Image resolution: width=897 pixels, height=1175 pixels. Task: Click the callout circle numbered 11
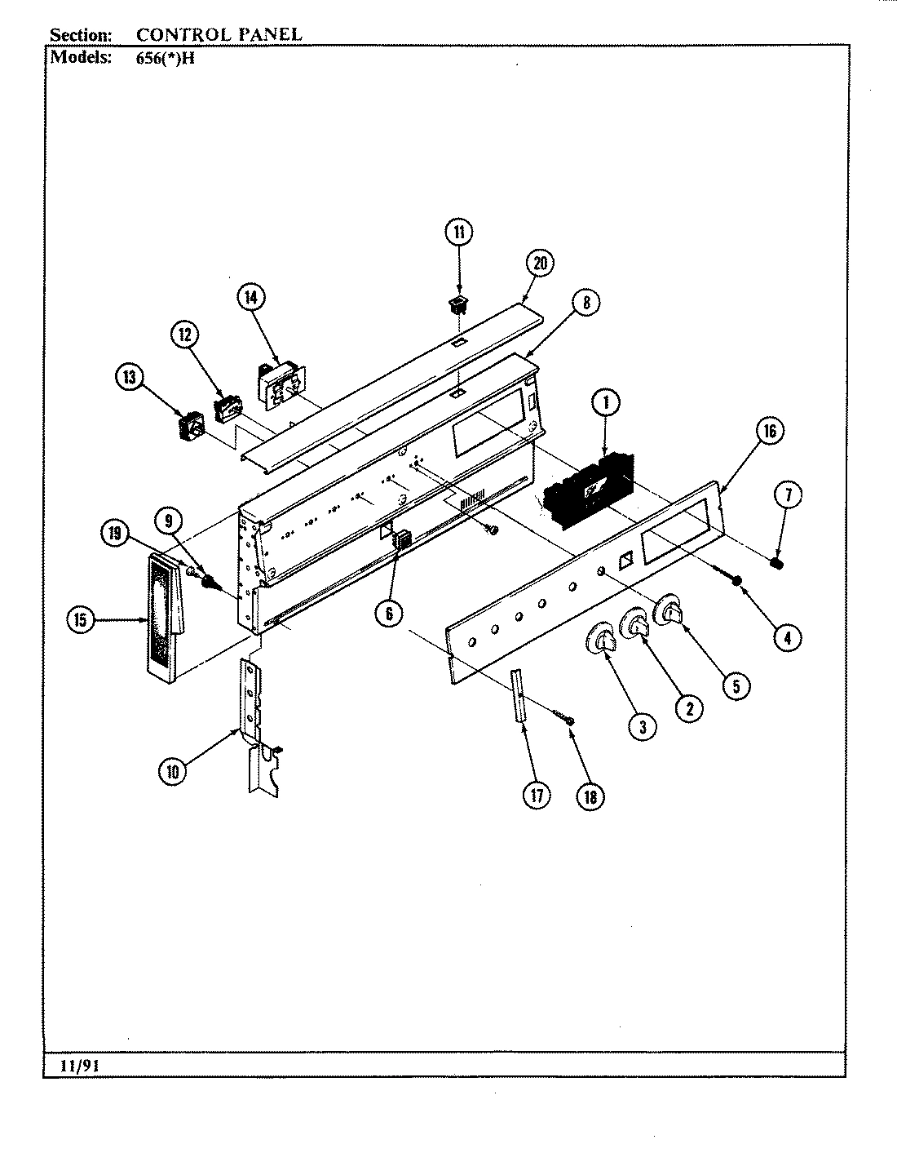pos(458,233)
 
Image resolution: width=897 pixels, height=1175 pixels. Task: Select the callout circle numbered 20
pos(539,263)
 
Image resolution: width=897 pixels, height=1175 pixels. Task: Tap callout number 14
pos(251,298)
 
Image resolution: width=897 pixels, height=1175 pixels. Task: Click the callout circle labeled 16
pos(770,430)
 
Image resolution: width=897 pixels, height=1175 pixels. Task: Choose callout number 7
pos(789,494)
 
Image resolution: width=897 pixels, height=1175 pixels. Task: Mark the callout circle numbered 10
pos(173,771)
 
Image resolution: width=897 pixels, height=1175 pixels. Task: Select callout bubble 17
pos(536,796)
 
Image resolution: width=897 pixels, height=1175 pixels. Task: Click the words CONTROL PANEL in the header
pos(219,34)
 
